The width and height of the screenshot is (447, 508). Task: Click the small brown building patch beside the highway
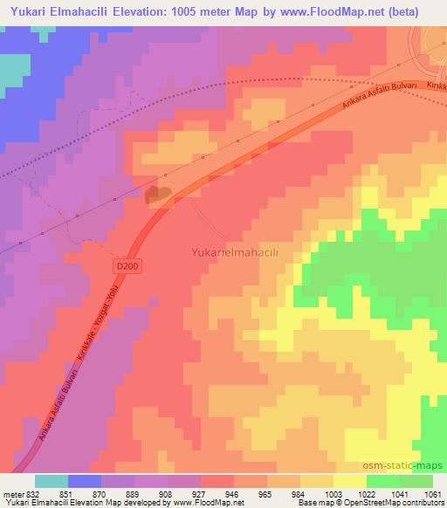click(x=158, y=196)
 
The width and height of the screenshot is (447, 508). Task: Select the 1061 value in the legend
click(x=432, y=495)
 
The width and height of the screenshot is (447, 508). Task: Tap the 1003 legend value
click(x=334, y=495)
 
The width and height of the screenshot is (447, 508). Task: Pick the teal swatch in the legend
click(x=52, y=481)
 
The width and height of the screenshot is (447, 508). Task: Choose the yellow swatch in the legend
click(x=350, y=481)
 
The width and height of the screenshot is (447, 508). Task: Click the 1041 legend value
click(x=400, y=495)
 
